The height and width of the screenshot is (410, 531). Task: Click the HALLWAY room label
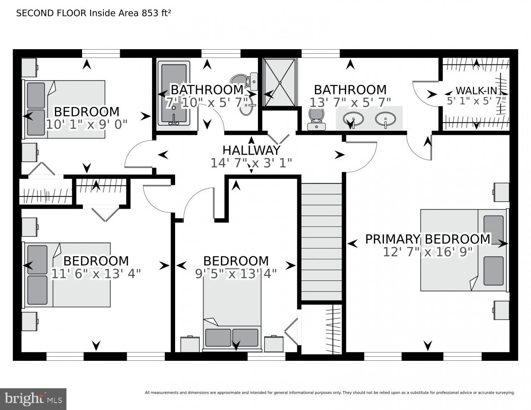pyautogui.click(x=251, y=150)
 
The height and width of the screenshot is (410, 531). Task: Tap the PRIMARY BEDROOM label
pyautogui.click(x=427, y=239)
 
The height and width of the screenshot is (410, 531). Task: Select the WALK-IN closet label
pyautogui.click(x=476, y=90)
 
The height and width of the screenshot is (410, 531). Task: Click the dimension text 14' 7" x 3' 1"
pyautogui.click(x=251, y=163)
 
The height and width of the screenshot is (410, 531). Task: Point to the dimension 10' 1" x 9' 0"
pyautogui.click(x=87, y=124)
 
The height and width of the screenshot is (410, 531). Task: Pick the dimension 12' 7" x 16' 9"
pyautogui.click(x=428, y=251)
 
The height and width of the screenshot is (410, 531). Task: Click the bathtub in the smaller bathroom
pyautogui.click(x=175, y=93)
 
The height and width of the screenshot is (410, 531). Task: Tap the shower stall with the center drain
pyautogui.click(x=280, y=83)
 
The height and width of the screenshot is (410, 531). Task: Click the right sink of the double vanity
pyautogui.click(x=385, y=119)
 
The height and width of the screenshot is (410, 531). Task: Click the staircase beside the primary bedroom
pyautogui.click(x=321, y=242)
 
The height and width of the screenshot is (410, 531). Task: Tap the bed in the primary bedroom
pyautogui.click(x=463, y=250)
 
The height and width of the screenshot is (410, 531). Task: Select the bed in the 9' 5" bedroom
pyautogui.click(x=232, y=316)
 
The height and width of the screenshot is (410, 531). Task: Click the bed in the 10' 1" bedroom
pyautogui.click(x=65, y=109)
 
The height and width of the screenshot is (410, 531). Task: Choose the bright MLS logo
pyautogui.click(x=33, y=399)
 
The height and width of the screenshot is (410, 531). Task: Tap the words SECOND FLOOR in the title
pyautogui.click(x=51, y=13)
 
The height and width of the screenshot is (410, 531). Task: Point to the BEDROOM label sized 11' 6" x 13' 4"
pyautogui.click(x=96, y=261)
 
